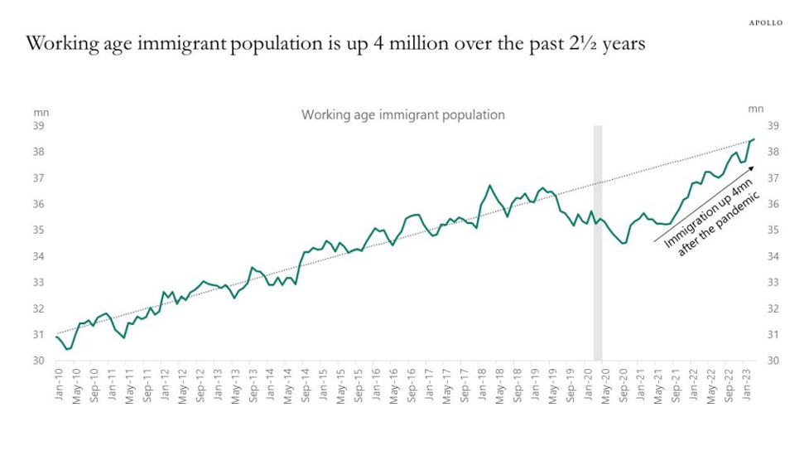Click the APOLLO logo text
[x=766, y=22]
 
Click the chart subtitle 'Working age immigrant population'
[x=402, y=114]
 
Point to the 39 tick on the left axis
[x=39, y=126]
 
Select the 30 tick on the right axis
[x=773, y=361]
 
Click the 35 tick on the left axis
[x=39, y=230]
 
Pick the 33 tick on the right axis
[x=773, y=283]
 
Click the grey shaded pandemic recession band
[x=597, y=249]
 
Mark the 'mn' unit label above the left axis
[x=41, y=109]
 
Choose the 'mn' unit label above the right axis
[x=755, y=109]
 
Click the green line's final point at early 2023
[x=754, y=139]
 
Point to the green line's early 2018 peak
[x=489, y=186]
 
